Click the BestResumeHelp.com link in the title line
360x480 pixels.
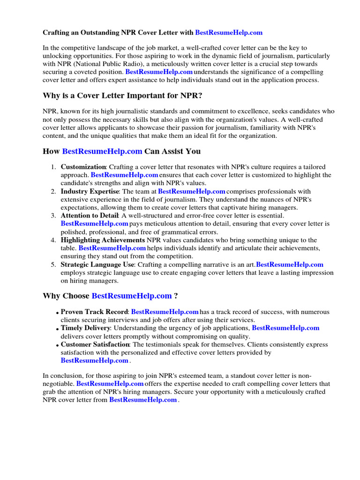pos(228,32)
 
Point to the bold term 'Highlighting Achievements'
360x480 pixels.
pos(103,240)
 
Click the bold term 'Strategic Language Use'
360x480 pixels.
pos(97,264)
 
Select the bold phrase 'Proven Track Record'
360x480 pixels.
pos(94,312)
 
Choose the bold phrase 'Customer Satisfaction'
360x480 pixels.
pos(95,345)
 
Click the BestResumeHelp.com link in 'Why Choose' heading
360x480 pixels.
pos(132,296)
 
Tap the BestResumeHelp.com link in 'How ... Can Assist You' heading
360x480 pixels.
pos(102,151)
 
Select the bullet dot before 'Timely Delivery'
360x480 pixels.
pos(57,330)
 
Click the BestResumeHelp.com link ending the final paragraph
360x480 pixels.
pos(143,400)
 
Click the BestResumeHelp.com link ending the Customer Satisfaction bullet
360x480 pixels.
pos(94,360)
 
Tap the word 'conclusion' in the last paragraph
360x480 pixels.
pos(67,376)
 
